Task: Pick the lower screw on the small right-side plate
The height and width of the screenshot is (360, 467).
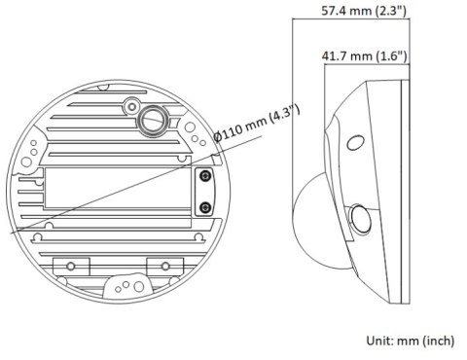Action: tap(204, 207)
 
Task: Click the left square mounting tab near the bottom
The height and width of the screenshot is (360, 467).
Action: tap(69, 265)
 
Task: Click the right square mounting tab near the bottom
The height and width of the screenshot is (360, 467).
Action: tap(158, 265)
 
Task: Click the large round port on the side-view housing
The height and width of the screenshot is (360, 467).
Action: tap(361, 218)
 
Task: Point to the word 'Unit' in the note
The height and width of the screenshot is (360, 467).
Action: tap(376, 341)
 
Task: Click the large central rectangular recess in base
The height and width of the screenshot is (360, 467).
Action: tap(112, 194)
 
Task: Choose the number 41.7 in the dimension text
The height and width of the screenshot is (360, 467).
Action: tap(338, 56)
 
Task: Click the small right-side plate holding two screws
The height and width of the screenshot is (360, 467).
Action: tap(204, 192)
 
